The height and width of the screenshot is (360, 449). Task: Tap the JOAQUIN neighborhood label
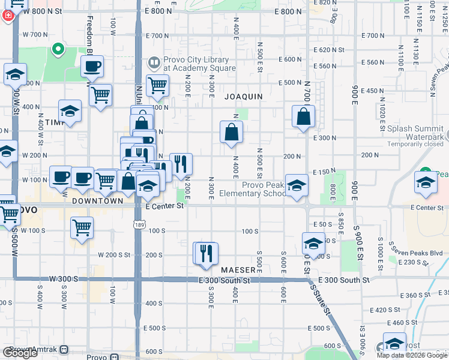point(244,96)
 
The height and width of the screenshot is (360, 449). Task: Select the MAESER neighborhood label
point(239,271)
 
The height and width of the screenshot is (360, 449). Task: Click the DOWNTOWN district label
point(98,202)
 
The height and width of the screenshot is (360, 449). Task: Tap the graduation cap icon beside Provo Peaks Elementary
point(296,186)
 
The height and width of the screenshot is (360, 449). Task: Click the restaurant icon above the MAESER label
point(205,253)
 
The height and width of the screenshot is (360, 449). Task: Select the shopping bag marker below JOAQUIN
point(231,132)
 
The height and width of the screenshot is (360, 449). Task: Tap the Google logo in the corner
point(20,353)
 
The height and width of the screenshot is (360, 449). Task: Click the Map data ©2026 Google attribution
point(412,355)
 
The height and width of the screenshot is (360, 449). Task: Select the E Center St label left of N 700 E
point(164,206)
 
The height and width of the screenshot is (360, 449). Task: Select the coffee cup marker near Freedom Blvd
point(92,67)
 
